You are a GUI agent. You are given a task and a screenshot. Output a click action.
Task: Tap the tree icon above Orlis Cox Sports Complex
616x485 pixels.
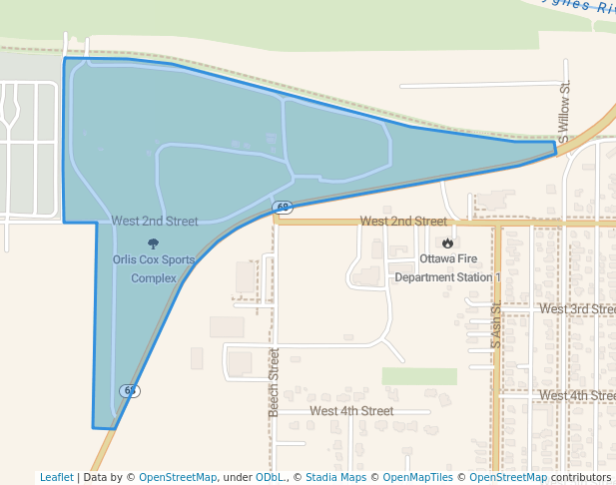click(153, 242)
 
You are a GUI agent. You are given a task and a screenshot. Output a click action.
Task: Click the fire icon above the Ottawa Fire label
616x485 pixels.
click(447, 242)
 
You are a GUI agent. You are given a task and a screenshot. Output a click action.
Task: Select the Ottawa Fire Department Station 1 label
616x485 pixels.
click(447, 267)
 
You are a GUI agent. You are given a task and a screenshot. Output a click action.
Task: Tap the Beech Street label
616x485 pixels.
click(273, 377)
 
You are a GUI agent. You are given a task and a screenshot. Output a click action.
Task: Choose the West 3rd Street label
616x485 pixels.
click(577, 309)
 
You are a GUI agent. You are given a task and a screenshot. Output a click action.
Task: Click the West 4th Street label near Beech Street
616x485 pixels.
click(351, 411)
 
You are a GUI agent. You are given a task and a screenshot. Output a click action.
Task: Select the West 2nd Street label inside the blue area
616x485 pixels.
click(155, 222)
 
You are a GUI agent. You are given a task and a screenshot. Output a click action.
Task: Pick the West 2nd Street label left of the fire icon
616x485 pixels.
click(403, 222)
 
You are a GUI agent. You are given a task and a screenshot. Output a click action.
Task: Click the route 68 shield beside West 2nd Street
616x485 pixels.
click(284, 208)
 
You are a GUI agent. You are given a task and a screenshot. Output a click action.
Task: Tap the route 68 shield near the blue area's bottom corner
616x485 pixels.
click(130, 390)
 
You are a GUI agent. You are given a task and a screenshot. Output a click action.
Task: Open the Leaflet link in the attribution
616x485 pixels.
click(57, 478)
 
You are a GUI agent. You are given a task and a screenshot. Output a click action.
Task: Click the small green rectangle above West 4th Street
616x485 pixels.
click(419, 376)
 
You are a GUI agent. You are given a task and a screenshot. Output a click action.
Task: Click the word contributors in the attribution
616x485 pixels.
click(580, 478)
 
